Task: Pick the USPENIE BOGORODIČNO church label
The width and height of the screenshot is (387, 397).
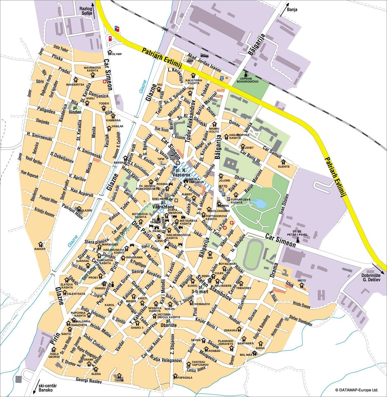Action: (249, 80)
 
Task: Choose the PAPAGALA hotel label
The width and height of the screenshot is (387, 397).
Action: (185, 377)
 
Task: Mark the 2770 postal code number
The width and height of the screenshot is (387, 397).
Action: (223, 186)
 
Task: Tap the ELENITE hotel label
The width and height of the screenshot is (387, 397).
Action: (284, 166)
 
